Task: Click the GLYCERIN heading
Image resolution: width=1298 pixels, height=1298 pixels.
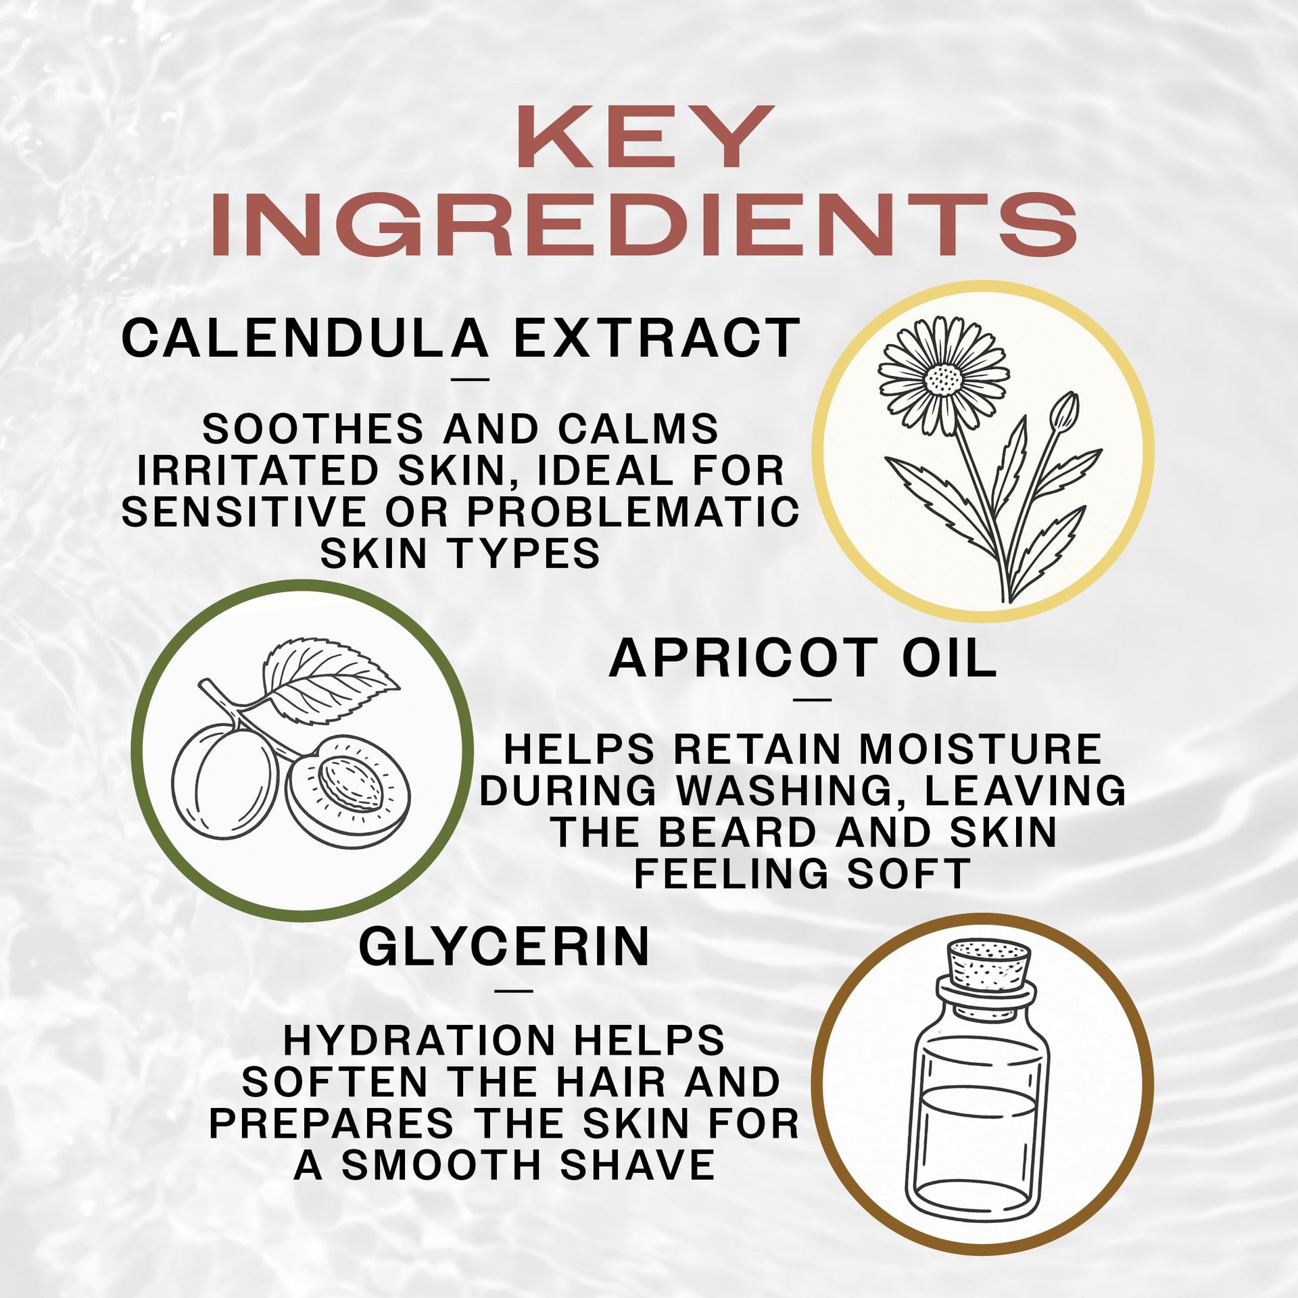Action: tap(504, 947)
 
